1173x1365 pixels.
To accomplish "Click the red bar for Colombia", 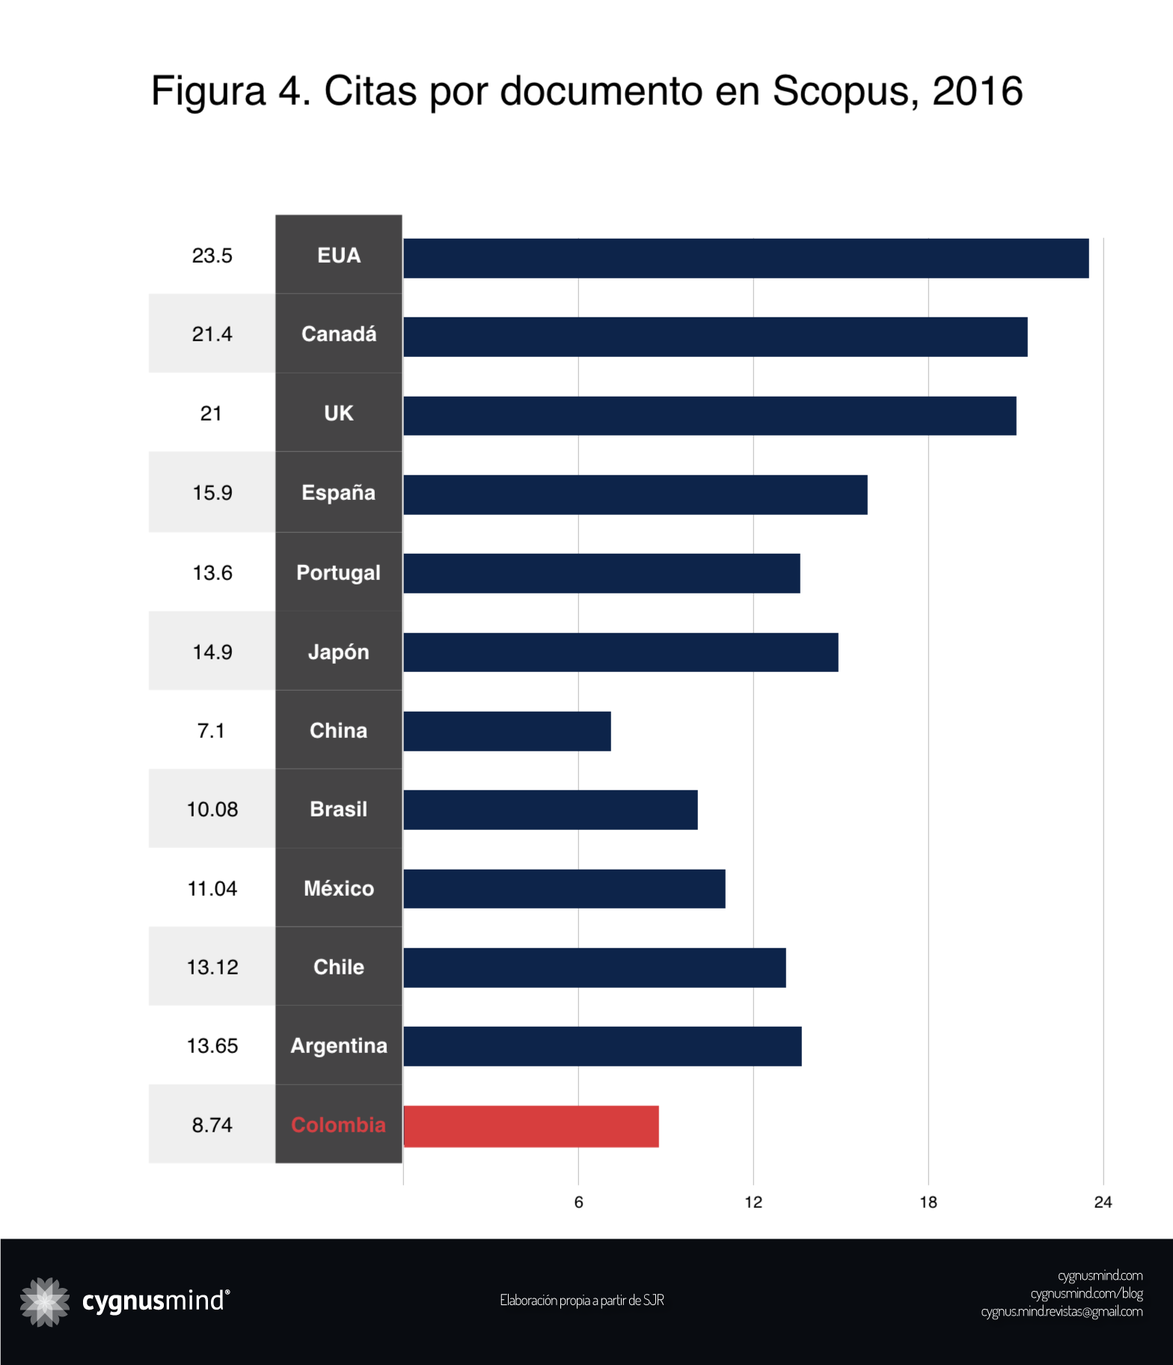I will [x=531, y=1126].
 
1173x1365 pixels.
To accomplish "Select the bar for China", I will [x=507, y=731].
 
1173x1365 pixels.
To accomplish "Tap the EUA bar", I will [x=746, y=258].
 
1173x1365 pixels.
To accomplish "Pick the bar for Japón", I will [x=621, y=652].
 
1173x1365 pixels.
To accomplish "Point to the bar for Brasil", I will [x=551, y=810].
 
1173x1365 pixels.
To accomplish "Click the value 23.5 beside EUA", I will [x=212, y=256].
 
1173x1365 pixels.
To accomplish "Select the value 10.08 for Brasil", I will [x=212, y=810].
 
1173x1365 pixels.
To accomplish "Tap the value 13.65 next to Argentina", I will [x=212, y=1046].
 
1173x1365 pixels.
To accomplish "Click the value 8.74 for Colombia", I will [x=212, y=1126].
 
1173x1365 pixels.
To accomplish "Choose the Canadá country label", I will [x=339, y=335].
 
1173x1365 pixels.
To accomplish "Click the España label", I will [x=339, y=493].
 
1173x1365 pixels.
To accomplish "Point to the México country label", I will [x=339, y=889].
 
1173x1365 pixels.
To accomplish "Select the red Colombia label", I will [x=339, y=1126].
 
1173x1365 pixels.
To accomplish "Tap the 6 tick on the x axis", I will [x=578, y=1202].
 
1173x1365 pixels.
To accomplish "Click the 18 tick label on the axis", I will [x=928, y=1202].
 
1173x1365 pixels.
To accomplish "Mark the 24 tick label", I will [x=1103, y=1202].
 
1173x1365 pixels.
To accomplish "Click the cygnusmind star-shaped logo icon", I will [x=45, y=1302].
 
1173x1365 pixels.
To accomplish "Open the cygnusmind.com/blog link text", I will [x=1086, y=1294].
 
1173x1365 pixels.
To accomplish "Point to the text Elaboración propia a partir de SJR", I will [x=582, y=1301].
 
